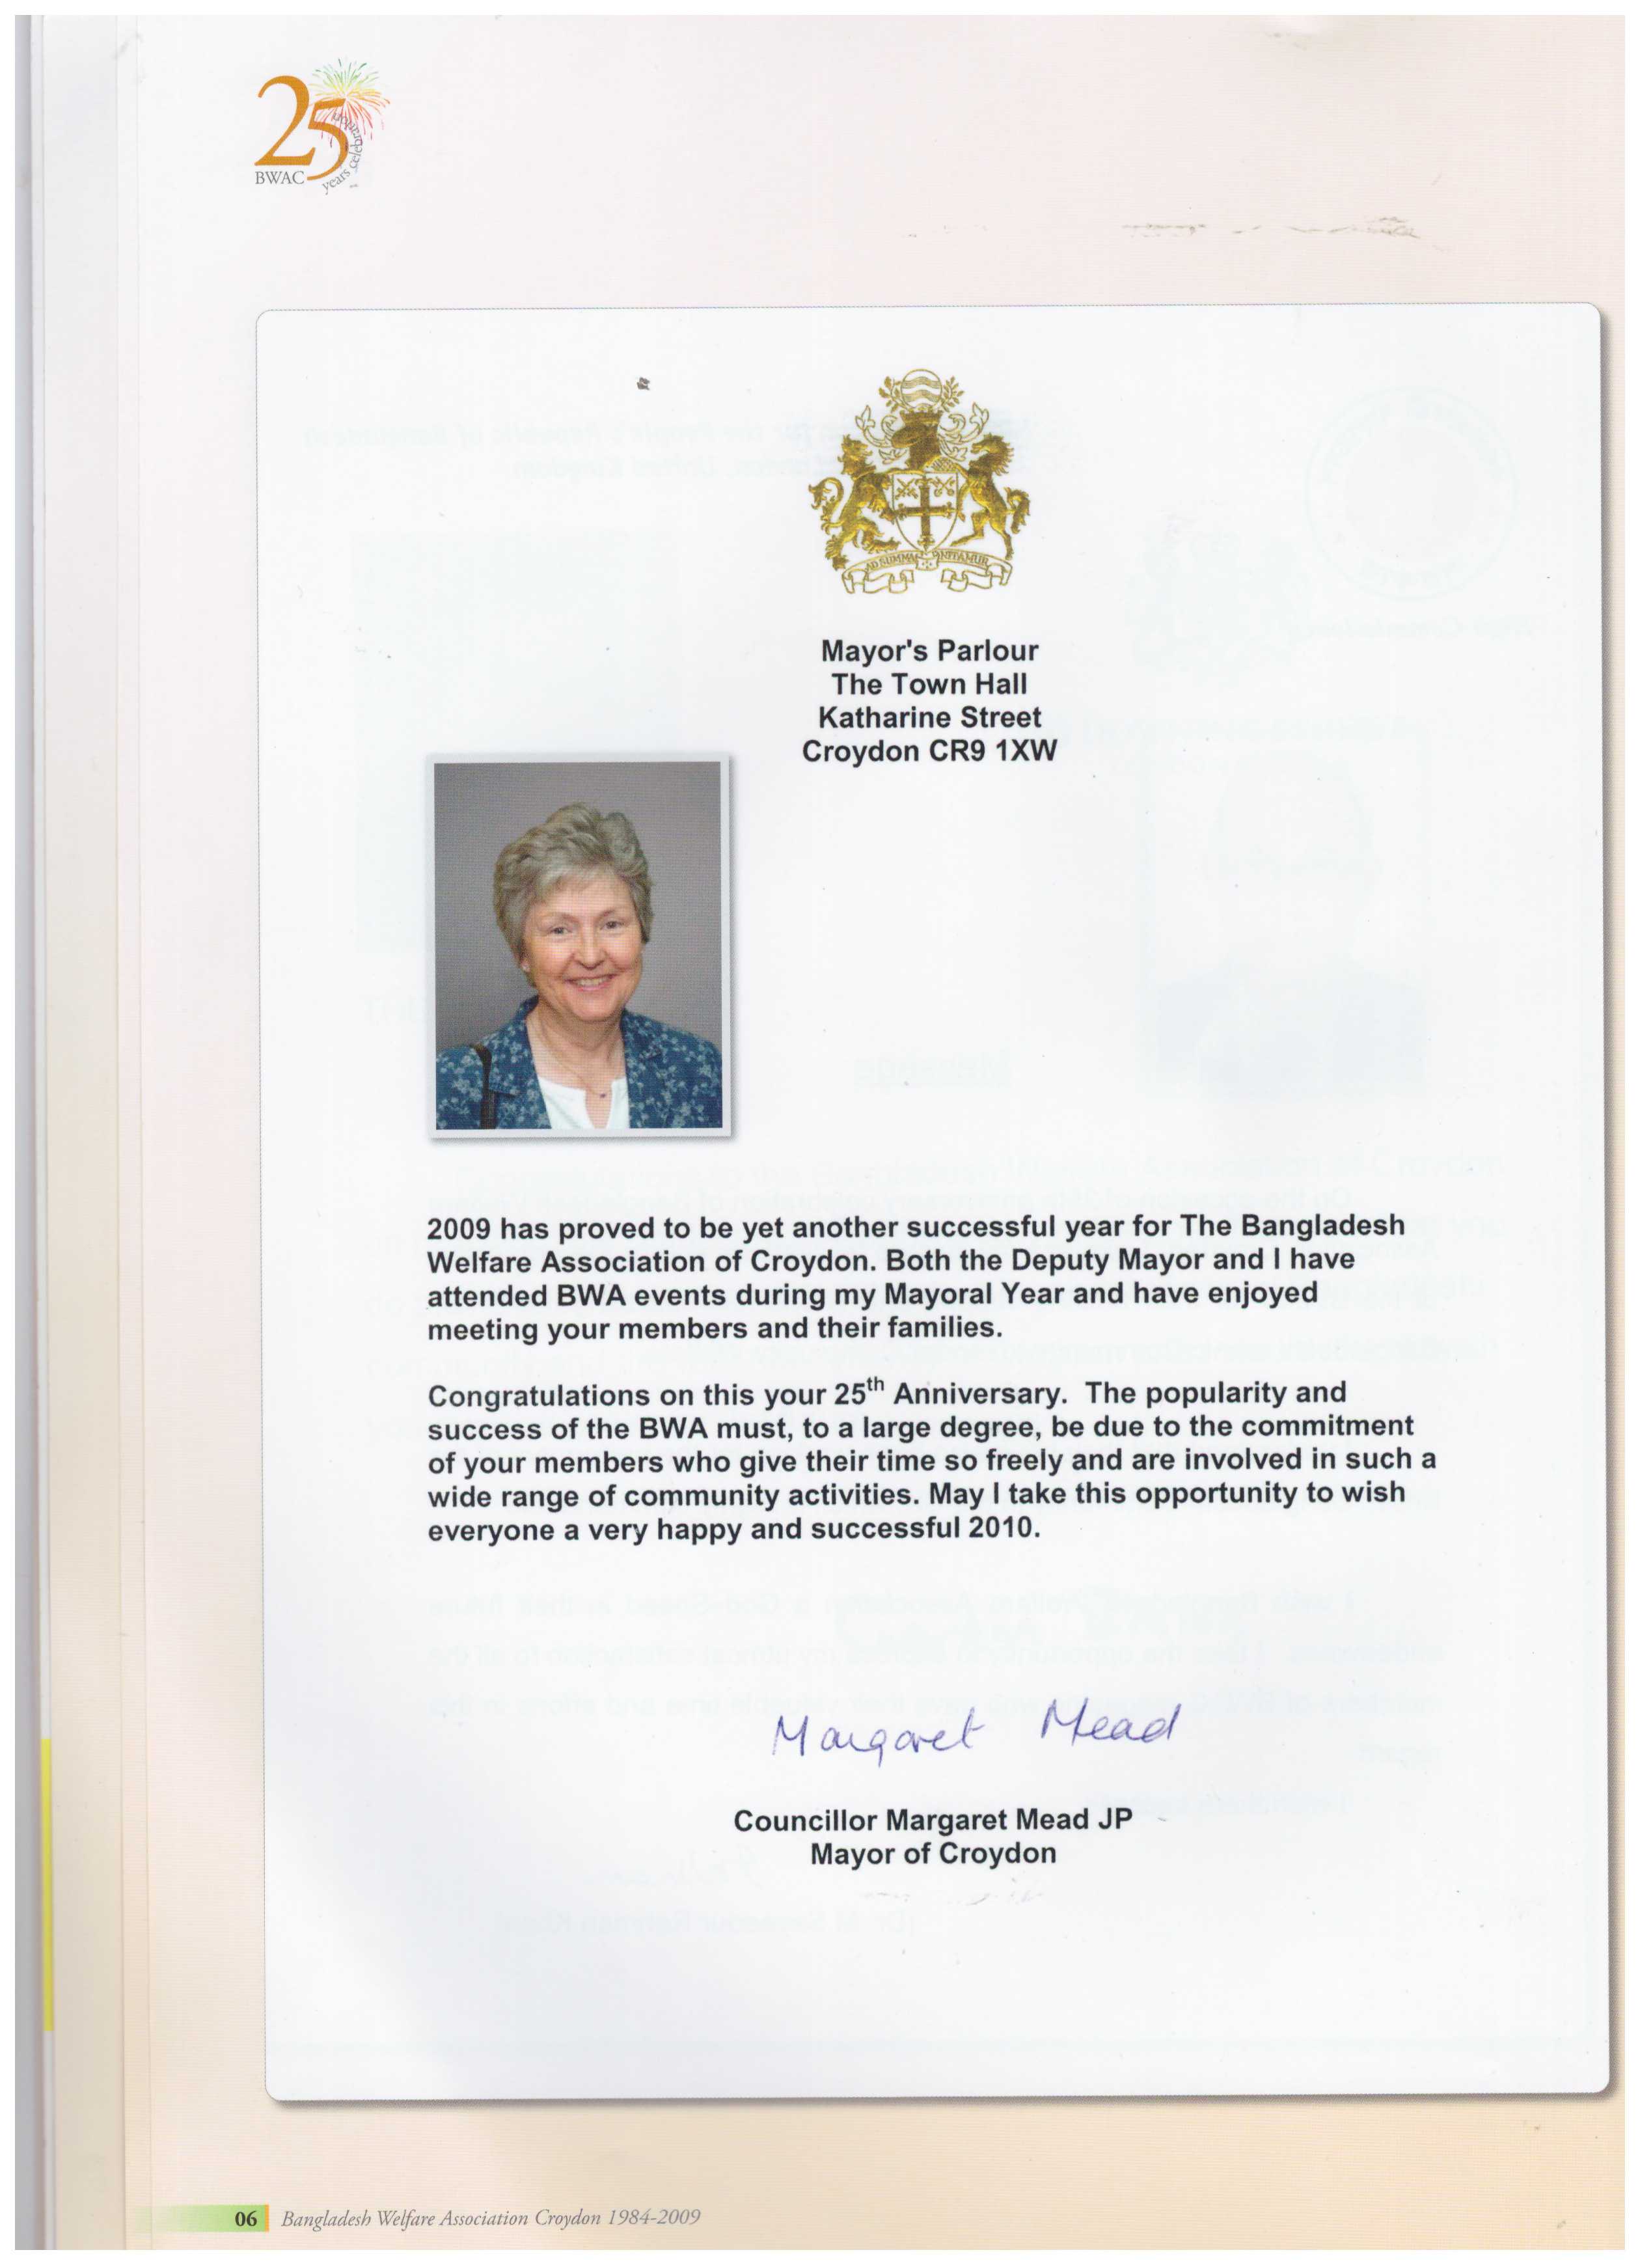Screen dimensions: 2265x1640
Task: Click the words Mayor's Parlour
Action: click(929, 651)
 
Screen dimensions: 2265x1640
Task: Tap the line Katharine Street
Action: click(929, 717)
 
